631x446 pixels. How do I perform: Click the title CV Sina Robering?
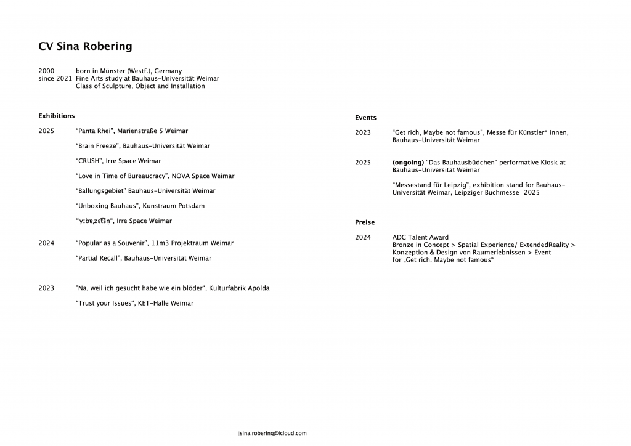[85, 46]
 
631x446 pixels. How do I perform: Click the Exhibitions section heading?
[56, 116]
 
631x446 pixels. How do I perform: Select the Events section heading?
[365, 118]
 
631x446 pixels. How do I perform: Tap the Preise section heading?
[365, 222]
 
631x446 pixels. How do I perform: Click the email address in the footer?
[273, 433]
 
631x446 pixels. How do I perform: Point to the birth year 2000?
[46, 71]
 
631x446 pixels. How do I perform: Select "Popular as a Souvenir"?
[111, 243]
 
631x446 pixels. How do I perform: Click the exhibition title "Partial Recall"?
[98, 258]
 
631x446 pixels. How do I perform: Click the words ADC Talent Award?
[420, 237]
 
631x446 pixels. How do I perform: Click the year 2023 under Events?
[363, 133]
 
